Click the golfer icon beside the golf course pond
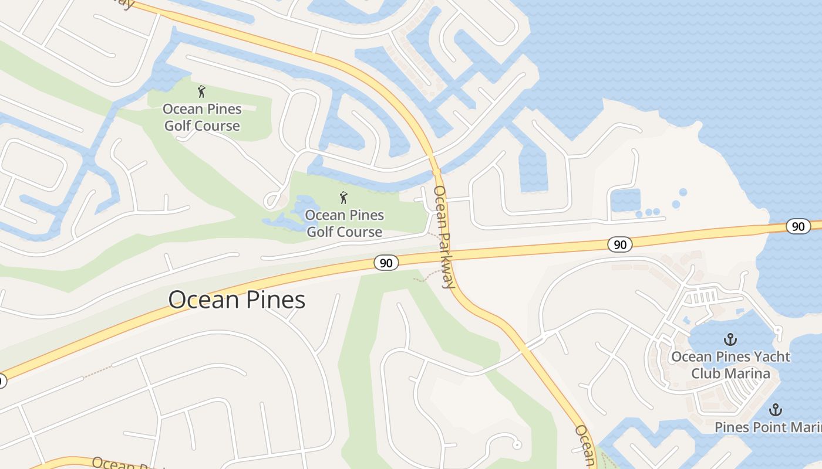pyautogui.click(x=343, y=198)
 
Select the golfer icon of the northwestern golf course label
pyautogui.click(x=201, y=91)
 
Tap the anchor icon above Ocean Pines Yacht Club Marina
pyautogui.click(x=730, y=339)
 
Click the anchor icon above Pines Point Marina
pyautogui.click(x=776, y=410)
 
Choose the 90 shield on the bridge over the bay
pyautogui.click(x=798, y=226)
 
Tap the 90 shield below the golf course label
pyautogui.click(x=386, y=263)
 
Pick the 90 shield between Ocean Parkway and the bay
pyautogui.click(x=620, y=244)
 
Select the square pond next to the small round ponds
pyautogui.click(x=625, y=200)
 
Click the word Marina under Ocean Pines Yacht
pyautogui.click(x=747, y=373)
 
